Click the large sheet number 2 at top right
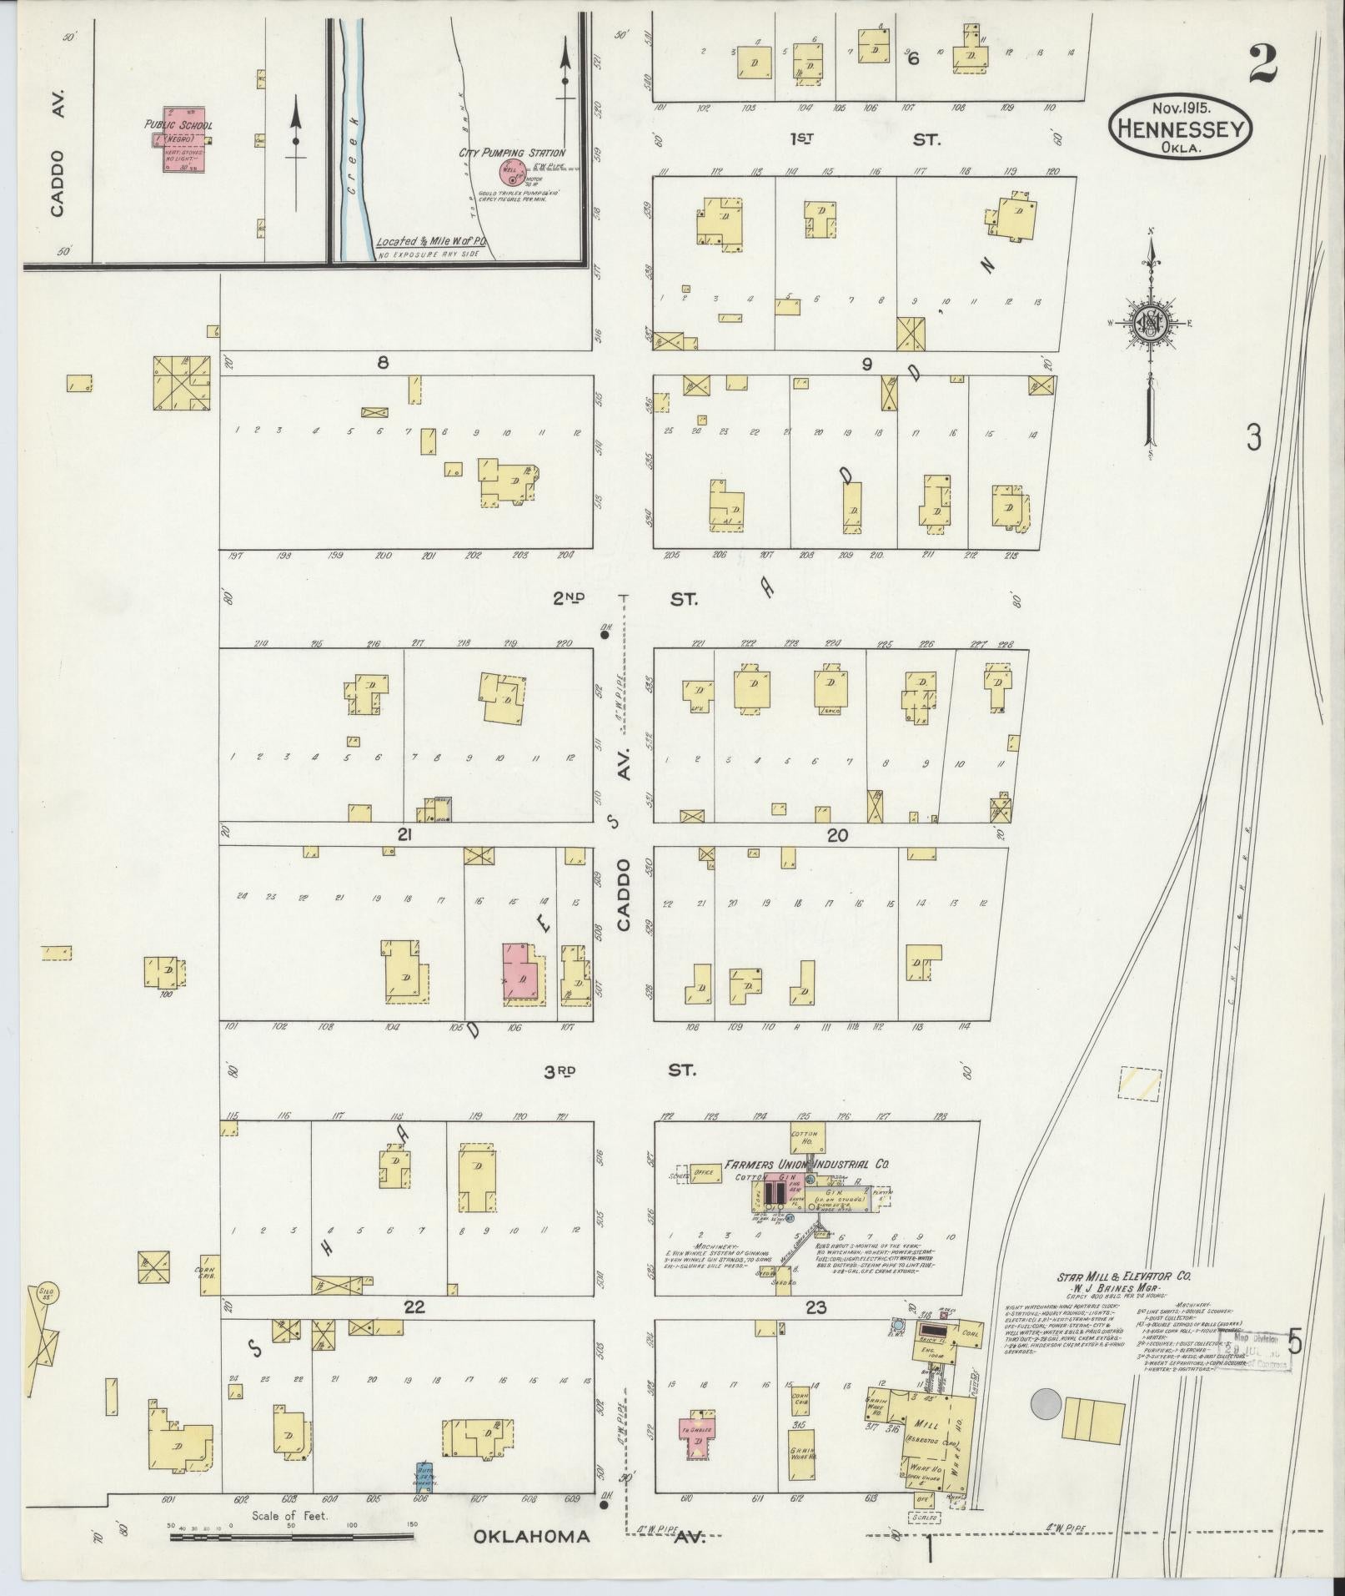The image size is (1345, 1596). tap(1263, 64)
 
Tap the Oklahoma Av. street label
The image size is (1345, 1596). tap(588, 1537)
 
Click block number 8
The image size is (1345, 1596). tap(383, 363)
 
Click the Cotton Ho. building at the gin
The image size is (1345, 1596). tap(806, 1137)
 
